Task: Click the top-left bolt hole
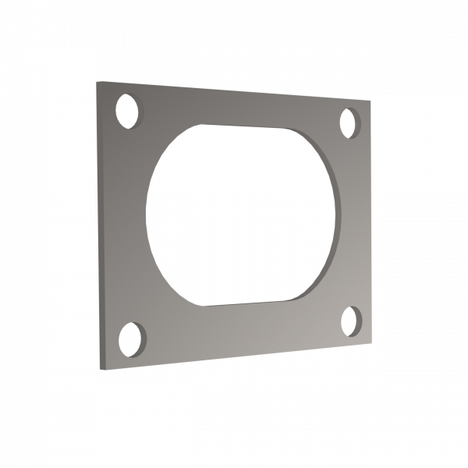tap(127, 110)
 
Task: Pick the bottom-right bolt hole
tap(349, 319)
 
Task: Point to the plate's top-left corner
tap(97, 81)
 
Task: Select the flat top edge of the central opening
tap(242, 126)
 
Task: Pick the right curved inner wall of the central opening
tap(335, 214)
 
